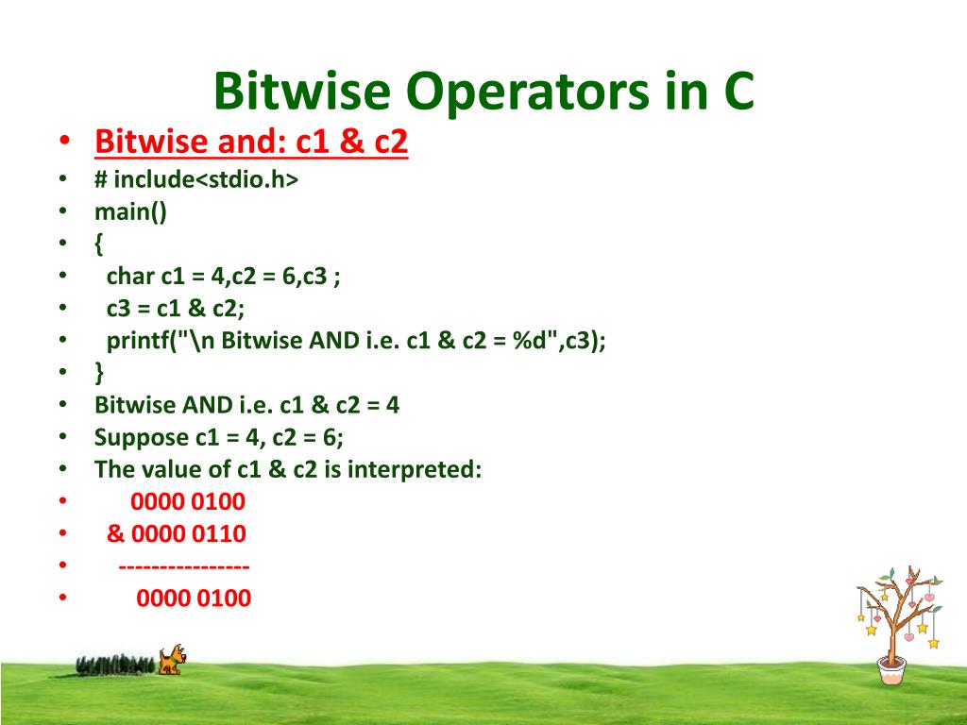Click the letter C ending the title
pos(738,92)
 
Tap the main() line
pos(130,211)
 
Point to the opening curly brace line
pos(99,244)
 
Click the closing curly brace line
pos(99,373)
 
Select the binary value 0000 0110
pos(189,534)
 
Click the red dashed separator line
pos(184,566)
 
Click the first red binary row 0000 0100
pos(188,501)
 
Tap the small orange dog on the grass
pos(171,659)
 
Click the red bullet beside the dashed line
pos(62,566)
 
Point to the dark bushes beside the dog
pos(114,665)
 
